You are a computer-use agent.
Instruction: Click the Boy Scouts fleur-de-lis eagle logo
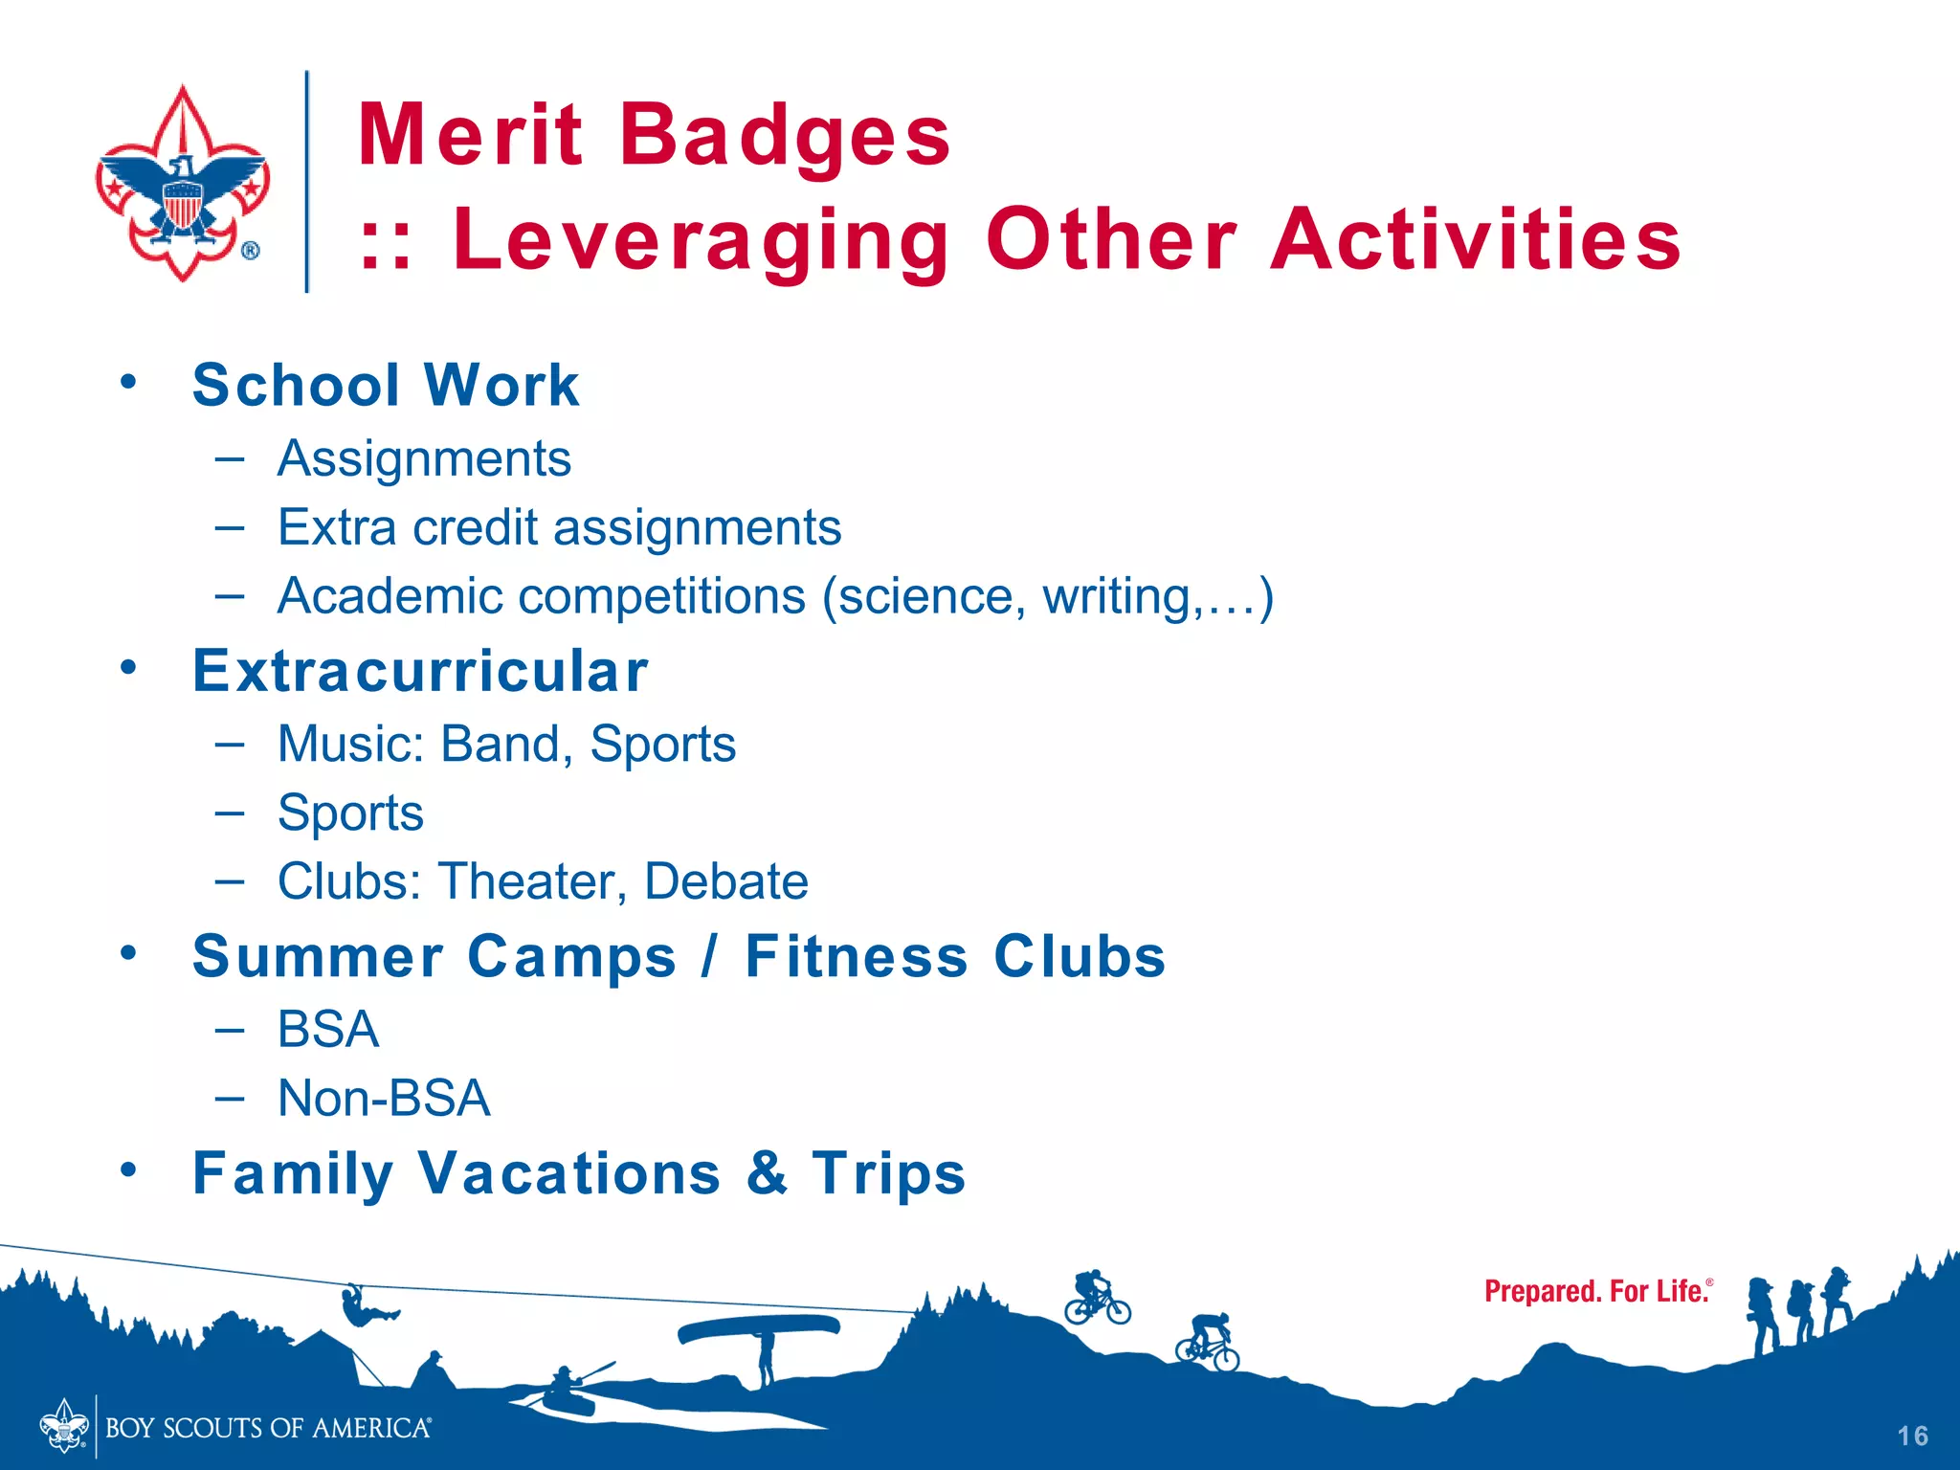pyautogui.click(x=183, y=182)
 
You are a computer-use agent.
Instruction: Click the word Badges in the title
pyautogui.click(x=785, y=135)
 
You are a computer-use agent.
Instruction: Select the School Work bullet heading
pyautogui.click(x=386, y=385)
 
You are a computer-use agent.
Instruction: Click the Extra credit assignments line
pyautogui.click(x=559, y=527)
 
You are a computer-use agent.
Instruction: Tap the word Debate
pyautogui.click(x=725, y=881)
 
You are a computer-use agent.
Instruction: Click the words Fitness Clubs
pyautogui.click(x=954, y=956)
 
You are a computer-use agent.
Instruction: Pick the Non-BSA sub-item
pyautogui.click(x=384, y=1098)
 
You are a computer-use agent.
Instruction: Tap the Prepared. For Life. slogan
pyautogui.click(x=1597, y=1292)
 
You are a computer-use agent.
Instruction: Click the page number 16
pyautogui.click(x=1912, y=1436)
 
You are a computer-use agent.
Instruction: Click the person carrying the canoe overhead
pyautogui.click(x=765, y=1354)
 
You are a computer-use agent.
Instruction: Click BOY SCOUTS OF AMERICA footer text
pyautogui.click(x=268, y=1428)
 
